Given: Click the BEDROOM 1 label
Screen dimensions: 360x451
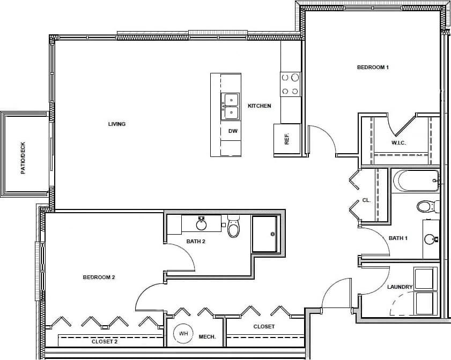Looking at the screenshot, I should tap(373, 67).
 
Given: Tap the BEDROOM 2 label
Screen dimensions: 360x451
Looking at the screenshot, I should tap(99, 277).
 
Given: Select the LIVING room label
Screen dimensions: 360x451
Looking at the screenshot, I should tap(117, 124).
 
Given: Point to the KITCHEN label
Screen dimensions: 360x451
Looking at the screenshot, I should tap(259, 106).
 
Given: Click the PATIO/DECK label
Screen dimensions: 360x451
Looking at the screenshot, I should tap(23, 158).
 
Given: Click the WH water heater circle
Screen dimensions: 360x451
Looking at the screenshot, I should tap(183, 334).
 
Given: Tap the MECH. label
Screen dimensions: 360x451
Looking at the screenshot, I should tap(207, 337).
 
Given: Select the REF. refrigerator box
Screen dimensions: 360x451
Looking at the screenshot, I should tap(287, 139).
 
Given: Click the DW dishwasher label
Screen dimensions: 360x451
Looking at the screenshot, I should tap(233, 131).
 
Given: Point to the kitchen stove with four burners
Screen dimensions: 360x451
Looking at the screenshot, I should tap(290, 84).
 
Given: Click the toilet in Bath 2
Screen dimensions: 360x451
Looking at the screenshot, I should tap(233, 227).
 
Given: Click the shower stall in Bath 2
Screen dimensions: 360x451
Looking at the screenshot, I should tap(265, 234).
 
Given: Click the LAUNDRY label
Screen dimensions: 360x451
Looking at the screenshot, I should tap(400, 287).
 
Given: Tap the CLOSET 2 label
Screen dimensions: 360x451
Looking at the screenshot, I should tap(105, 341).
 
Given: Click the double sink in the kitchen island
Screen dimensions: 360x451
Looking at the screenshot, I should tap(231, 106).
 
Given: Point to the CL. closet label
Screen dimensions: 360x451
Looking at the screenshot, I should tap(366, 200).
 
